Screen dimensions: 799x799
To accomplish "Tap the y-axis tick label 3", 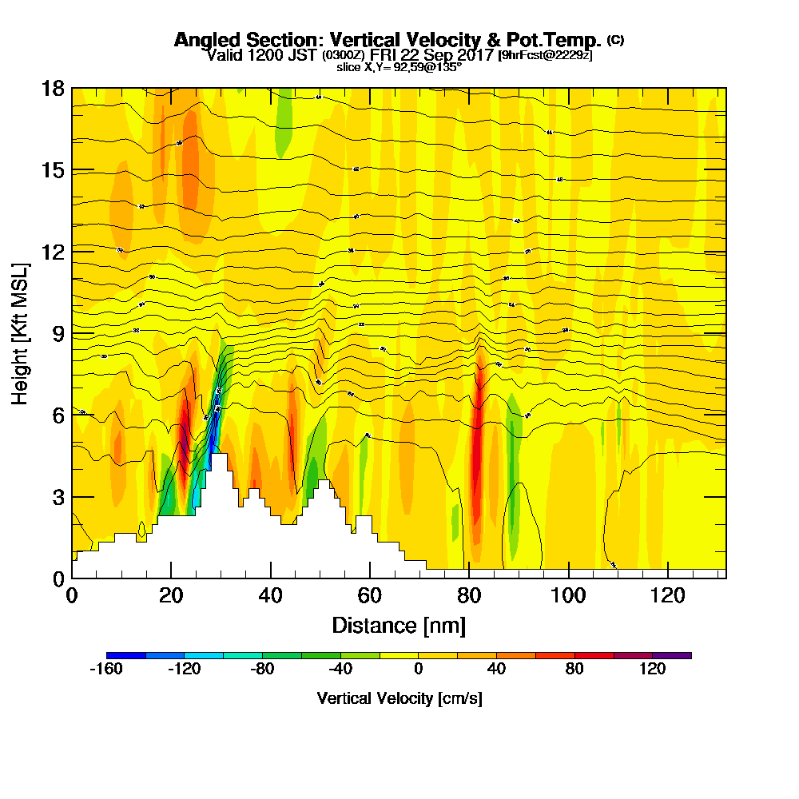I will tap(57, 496).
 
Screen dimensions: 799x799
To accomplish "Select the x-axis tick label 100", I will tap(569, 595).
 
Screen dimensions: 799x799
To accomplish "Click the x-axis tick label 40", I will tap(271, 595).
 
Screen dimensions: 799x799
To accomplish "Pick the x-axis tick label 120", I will tap(668, 595).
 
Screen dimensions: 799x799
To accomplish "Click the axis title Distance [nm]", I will tap(399, 624).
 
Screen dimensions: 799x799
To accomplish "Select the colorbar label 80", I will tap(574, 670).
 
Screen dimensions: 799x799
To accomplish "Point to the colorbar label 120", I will tap(652, 670).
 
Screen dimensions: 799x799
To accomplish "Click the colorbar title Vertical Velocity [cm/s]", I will tap(399, 698).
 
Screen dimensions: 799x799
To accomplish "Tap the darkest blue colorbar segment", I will tap(126, 655).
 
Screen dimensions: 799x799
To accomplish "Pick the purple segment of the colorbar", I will tap(672, 655).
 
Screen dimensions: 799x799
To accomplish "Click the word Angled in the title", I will tap(205, 39).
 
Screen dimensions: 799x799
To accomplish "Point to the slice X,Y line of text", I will tap(399, 67).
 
